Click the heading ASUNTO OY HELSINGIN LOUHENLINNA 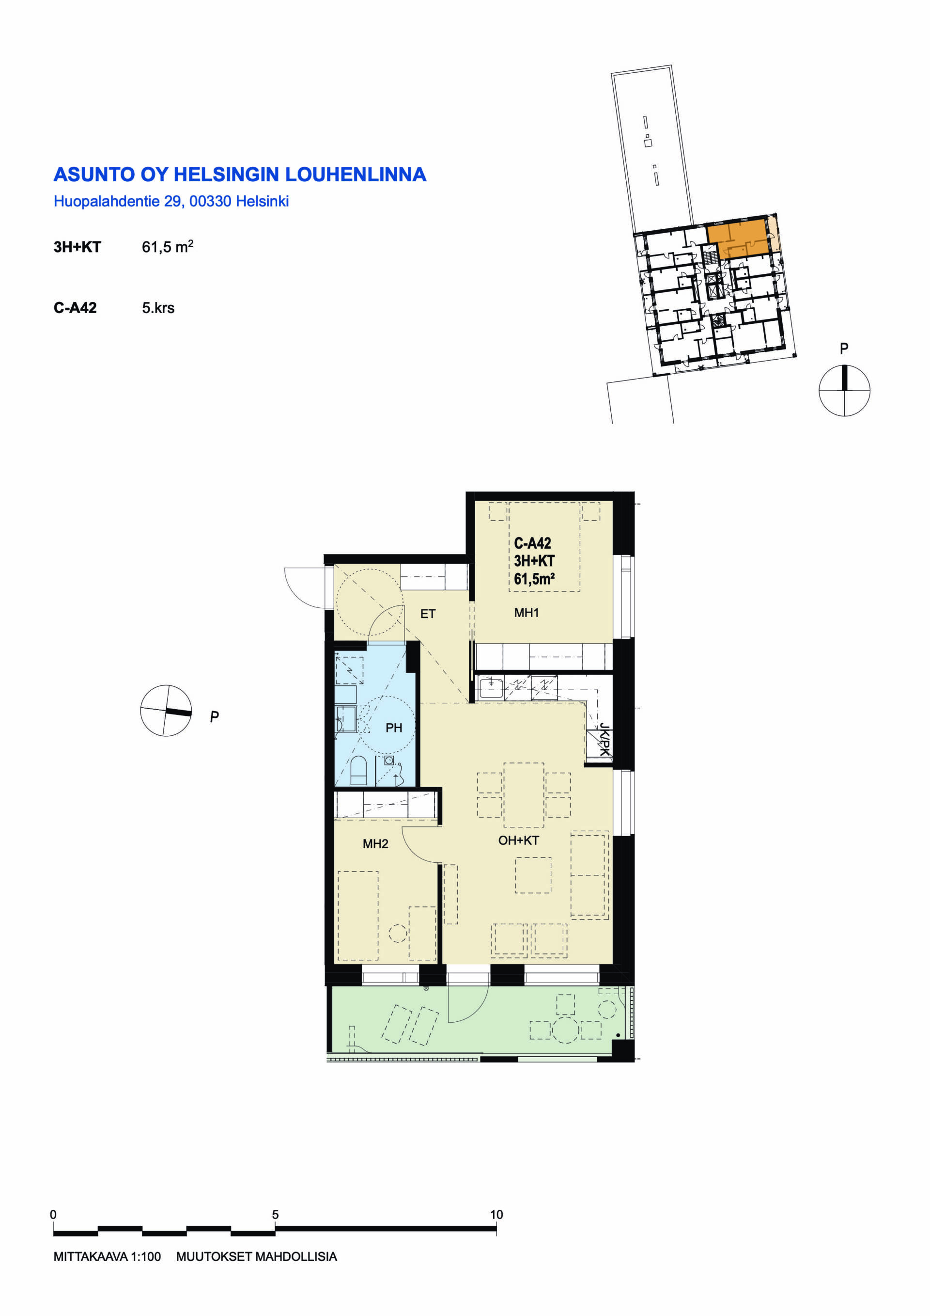240,174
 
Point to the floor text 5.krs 158,308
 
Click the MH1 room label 527,613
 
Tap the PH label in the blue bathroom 393,728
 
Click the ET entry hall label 428,614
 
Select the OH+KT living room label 518,840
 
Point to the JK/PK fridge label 604,739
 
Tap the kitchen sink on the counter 491,688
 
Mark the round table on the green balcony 566,1030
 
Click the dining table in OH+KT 524,794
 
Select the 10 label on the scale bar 496,1214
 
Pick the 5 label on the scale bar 276,1214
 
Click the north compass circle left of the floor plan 166,710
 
